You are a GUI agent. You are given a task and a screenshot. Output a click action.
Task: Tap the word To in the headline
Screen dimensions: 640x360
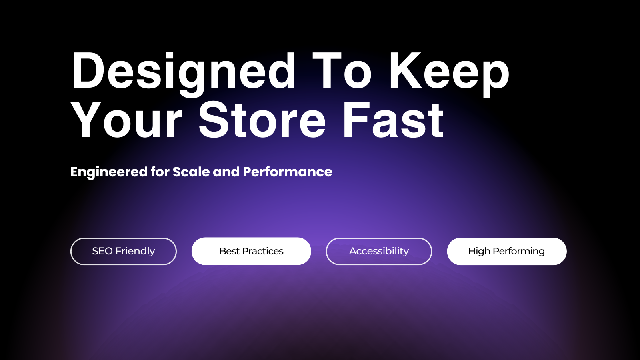342,70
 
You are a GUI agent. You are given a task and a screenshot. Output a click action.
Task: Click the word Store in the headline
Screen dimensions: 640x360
262,120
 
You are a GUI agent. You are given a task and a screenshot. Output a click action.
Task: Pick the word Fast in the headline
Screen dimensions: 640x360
393,120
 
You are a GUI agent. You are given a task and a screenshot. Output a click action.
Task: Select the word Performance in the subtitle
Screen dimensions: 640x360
288,172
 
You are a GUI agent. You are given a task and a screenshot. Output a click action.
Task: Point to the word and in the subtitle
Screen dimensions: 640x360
226,172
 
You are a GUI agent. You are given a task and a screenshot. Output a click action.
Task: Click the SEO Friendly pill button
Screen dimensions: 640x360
124,252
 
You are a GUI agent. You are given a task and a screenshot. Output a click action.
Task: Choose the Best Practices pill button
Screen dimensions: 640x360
251,252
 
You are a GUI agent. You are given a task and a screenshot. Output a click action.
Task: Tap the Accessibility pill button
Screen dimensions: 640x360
379,252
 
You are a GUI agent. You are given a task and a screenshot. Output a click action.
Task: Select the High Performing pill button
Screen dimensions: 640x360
506,252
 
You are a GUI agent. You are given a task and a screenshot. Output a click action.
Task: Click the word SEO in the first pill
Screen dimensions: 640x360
102,251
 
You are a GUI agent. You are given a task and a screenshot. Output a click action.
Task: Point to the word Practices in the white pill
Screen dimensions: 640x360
262,251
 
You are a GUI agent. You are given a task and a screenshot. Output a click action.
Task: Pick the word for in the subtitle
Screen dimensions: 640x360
160,172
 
